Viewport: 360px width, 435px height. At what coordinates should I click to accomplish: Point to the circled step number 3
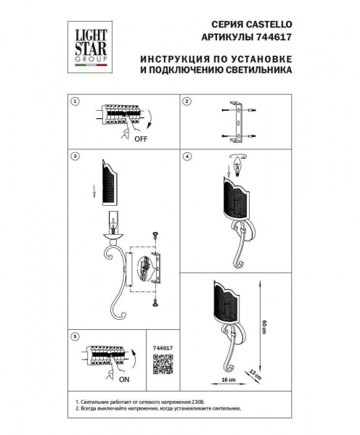pyautogui.click(x=74, y=156)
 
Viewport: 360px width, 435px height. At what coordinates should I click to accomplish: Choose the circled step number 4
pyautogui.click(x=187, y=156)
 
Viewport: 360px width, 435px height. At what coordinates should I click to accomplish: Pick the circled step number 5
pyautogui.click(x=74, y=336)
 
